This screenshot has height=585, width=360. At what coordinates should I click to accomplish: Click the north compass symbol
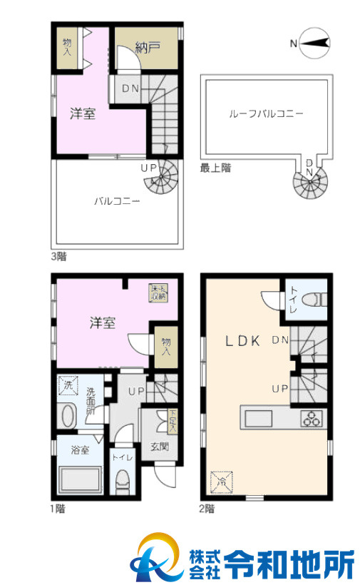(x=314, y=44)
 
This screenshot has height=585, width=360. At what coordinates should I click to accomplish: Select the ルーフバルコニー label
(x=266, y=113)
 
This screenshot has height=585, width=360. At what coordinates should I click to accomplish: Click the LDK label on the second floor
(x=245, y=340)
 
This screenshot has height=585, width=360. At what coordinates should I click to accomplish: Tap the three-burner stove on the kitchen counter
(x=312, y=418)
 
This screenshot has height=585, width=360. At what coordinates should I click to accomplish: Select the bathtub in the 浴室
(x=79, y=480)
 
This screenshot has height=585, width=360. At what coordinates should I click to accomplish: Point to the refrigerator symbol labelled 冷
(x=222, y=482)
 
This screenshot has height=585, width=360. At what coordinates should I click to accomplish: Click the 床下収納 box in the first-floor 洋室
(x=158, y=292)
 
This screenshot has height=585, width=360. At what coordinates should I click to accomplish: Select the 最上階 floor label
(x=215, y=168)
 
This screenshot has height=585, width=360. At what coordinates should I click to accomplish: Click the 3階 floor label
(x=58, y=255)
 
